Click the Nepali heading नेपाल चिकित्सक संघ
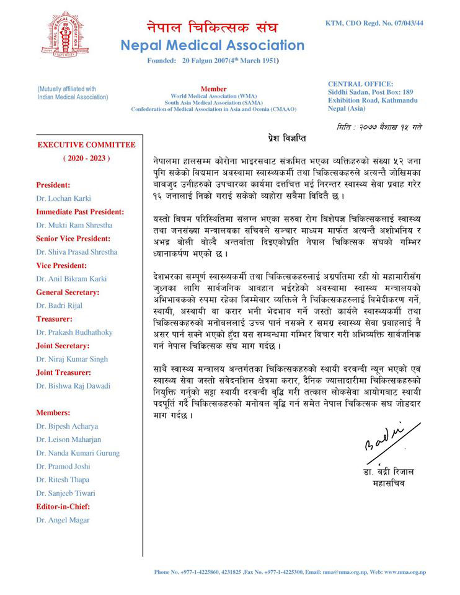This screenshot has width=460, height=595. tap(212, 27)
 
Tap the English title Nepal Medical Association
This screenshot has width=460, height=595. tap(212, 45)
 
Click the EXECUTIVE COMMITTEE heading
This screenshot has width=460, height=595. tap(86, 145)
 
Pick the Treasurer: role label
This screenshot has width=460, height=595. tap(56, 318)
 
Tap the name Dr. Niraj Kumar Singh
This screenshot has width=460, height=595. tap(72, 359)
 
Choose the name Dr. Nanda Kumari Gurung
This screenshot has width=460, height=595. tap(78, 452)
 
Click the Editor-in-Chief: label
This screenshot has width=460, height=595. tap(64, 506)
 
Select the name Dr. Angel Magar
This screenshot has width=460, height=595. tap(63, 520)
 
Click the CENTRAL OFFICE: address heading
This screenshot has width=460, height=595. tap(360, 84)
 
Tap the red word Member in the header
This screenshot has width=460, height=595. tap(213, 89)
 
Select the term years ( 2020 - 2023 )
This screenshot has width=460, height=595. tap(86, 158)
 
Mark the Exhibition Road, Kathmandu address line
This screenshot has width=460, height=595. tap(372, 100)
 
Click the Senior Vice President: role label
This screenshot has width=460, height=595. tap(73, 238)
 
